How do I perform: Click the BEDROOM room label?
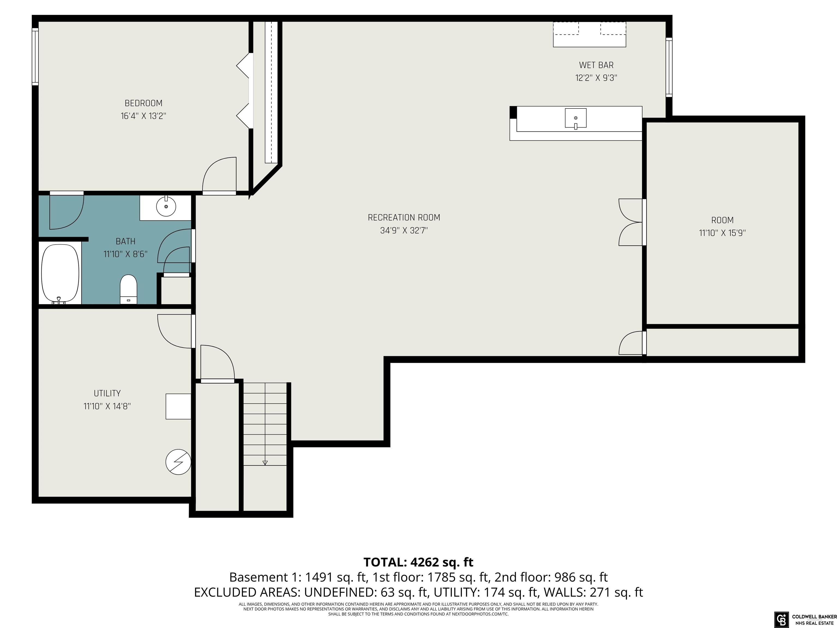(x=143, y=103)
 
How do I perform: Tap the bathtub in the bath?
(x=60, y=274)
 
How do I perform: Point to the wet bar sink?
(x=575, y=118)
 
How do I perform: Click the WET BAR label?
(x=596, y=65)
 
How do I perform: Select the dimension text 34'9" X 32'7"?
(x=404, y=230)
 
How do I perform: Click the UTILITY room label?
(x=107, y=393)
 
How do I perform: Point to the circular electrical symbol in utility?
(x=178, y=462)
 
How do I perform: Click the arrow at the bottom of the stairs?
(x=265, y=463)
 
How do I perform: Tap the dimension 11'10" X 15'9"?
(x=722, y=233)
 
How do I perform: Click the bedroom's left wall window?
(x=35, y=56)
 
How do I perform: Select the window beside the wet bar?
(x=669, y=67)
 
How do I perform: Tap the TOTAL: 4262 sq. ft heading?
(x=418, y=562)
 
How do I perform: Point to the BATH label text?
(x=125, y=241)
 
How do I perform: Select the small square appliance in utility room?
(x=178, y=406)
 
